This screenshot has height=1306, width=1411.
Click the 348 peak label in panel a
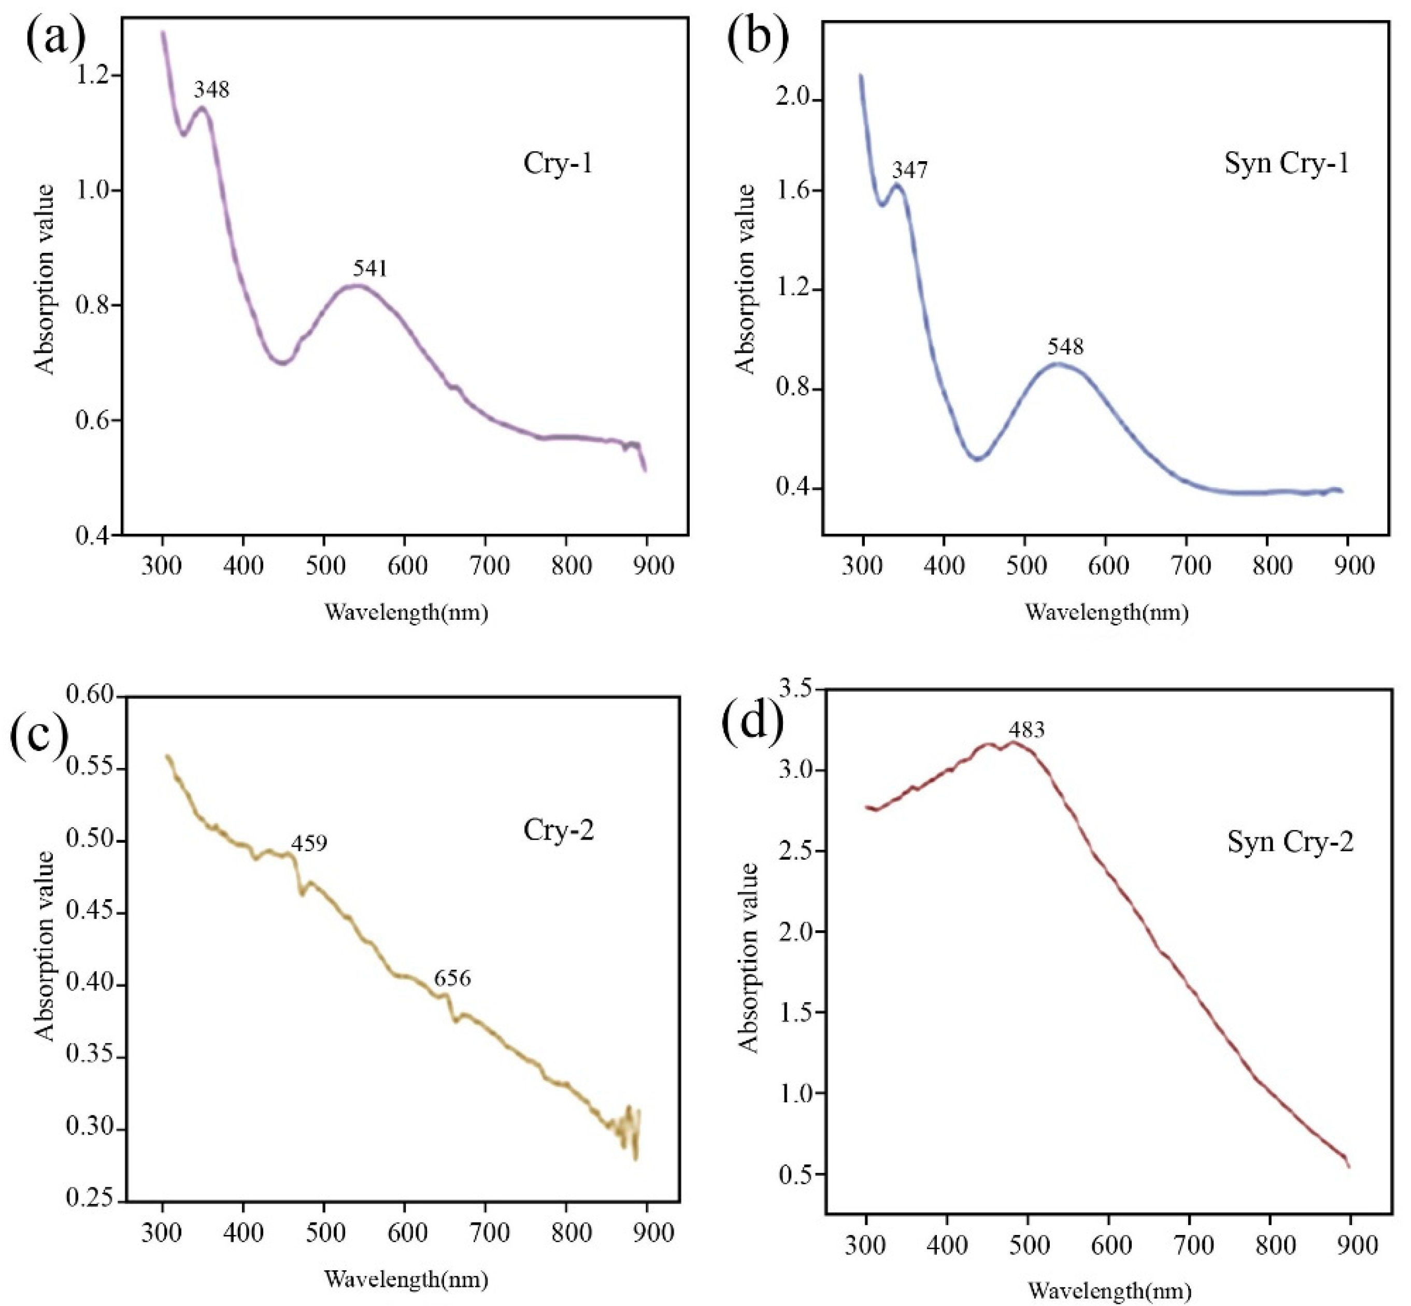click(211, 90)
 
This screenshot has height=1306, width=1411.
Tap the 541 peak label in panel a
click(370, 268)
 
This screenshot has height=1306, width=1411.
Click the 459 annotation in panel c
click(309, 844)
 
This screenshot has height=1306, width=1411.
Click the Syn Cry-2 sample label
click(1290, 842)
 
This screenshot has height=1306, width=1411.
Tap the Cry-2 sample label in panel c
click(558, 830)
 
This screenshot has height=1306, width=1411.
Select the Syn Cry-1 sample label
click(1286, 163)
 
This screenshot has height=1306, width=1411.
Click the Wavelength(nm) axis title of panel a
click(406, 612)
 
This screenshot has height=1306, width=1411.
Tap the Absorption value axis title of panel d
click(748, 958)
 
